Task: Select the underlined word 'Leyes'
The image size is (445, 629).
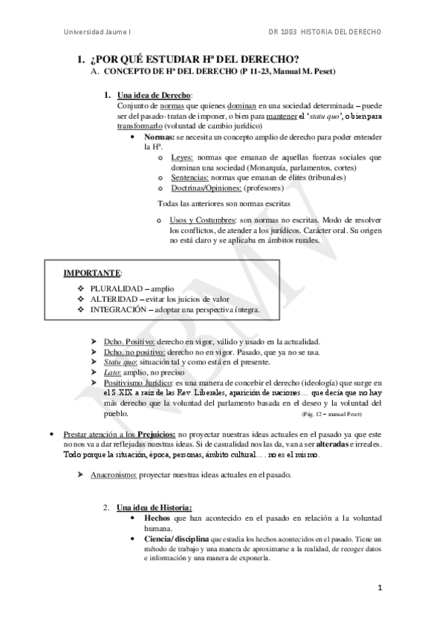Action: [x=181, y=157]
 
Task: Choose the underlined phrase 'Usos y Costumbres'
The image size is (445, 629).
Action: [x=199, y=221]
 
